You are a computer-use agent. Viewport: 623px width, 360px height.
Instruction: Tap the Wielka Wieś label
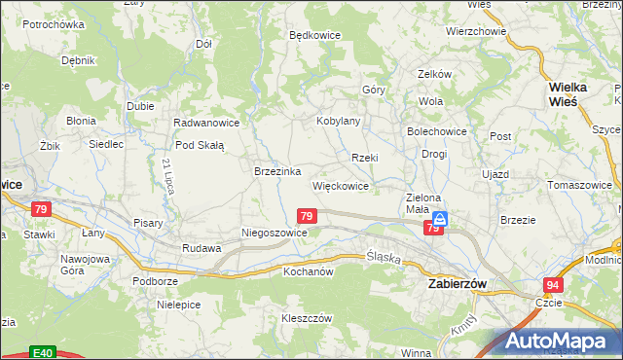pos(568,93)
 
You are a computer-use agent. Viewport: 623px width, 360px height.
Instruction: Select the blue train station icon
pos(440,221)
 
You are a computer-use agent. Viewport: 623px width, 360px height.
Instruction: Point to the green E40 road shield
pos(41,352)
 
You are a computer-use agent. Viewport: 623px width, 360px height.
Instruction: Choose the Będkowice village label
pos(314,34)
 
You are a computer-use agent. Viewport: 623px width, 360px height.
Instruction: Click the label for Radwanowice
pos(205,123)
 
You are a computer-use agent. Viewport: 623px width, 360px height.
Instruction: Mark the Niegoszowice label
pos(274,234)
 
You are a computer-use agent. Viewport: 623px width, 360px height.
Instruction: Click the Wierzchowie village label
pos(477,31)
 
